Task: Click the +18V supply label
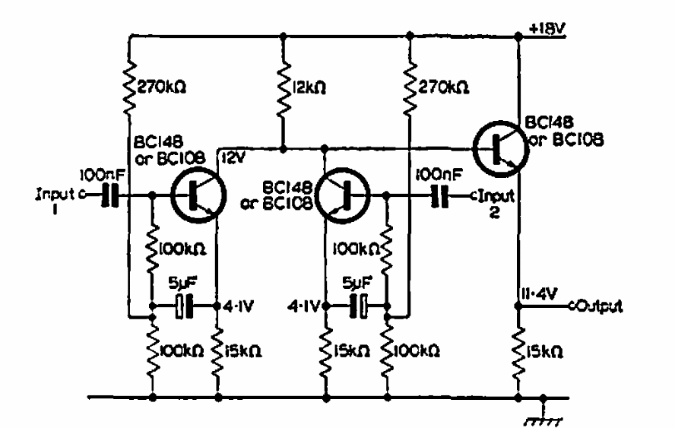pyautogui.click(x=547, y=29)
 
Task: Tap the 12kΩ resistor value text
pyautogui.click(x=309, y=87)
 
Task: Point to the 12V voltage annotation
pyautogui.click(x=233, y=158)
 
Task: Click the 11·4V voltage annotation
pyautogui.click(x=539, y=294)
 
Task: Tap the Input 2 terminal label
pyautogui.click(x=496, y=203)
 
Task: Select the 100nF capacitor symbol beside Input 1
pyautogui.click(x=109, y=195)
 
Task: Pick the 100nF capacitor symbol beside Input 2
pyautogui.click(x=440, y=196)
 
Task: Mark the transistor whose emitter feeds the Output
pyautogui.click(x=501, y=149)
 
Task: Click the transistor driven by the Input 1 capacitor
pyautogui.click(x=198, y=196)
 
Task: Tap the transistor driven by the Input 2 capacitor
pyautogui.click(x=343, y=196)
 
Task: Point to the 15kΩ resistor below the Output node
pyautogui.click(x=518, y=351)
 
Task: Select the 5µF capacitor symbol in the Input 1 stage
pyautogui.click(x=184, y=306)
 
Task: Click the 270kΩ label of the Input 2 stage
pyautogui.click(x=443, y=87)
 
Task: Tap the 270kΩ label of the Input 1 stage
pyautogui.click(x=161, y=87)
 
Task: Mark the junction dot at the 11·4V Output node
pyautogui.click(x=518, y=306)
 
